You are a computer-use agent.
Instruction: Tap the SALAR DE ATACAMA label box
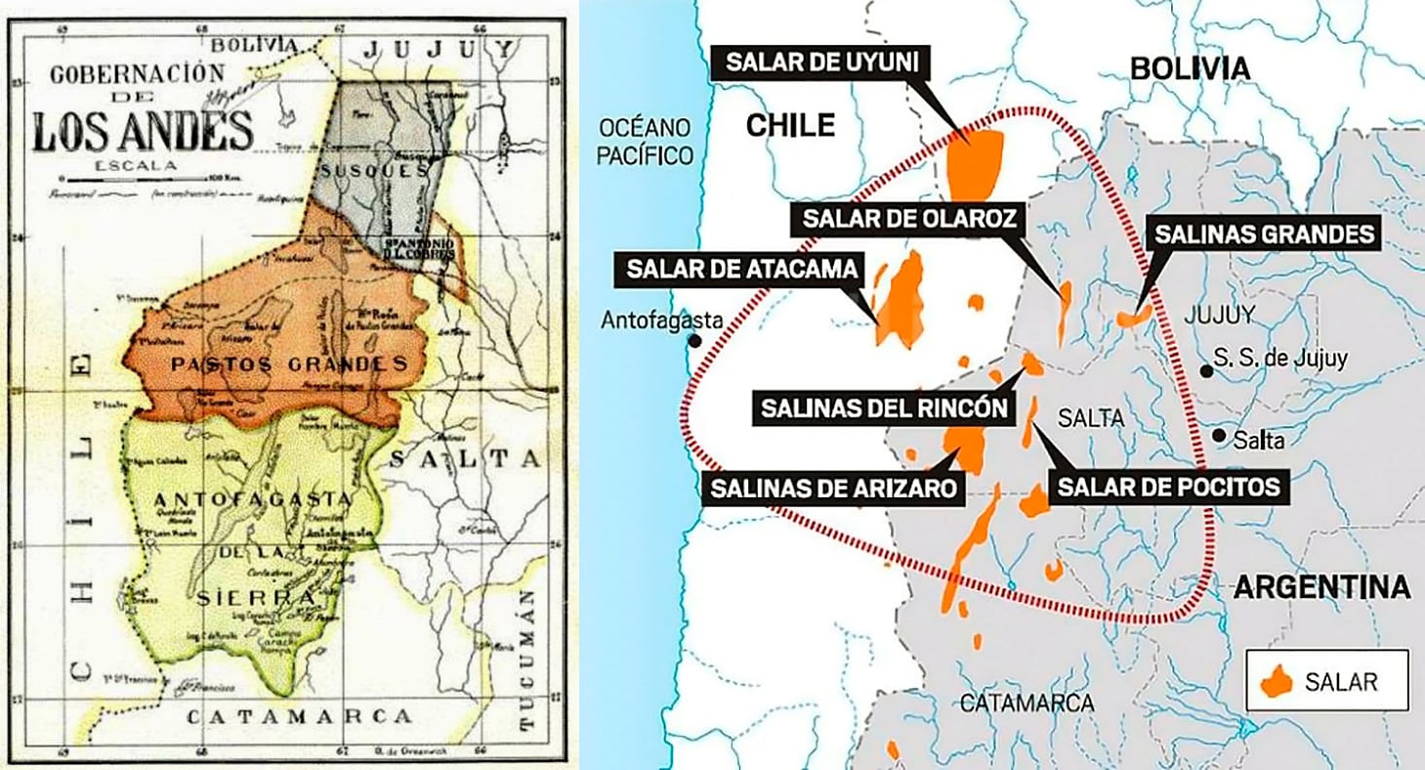[x=740, y=269]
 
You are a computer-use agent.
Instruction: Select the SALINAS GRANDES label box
[x=1266, y=235]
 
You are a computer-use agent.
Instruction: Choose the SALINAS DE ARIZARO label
[x=833, y=486]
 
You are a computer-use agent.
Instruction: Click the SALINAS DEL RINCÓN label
[x=880, y=407]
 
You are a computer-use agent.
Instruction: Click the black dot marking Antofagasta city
[x=694, y=342]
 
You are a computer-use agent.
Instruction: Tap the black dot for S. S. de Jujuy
[x=1207, y=371]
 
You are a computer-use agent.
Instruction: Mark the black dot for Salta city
[x=1219, y=436]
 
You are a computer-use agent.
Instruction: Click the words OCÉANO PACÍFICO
[x=647, y=141]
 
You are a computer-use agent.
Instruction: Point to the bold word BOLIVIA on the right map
[x=1190, y=68]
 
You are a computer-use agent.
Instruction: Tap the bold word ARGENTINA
[x=1321, y=587]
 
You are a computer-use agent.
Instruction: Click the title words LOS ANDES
[x=143, y=131]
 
